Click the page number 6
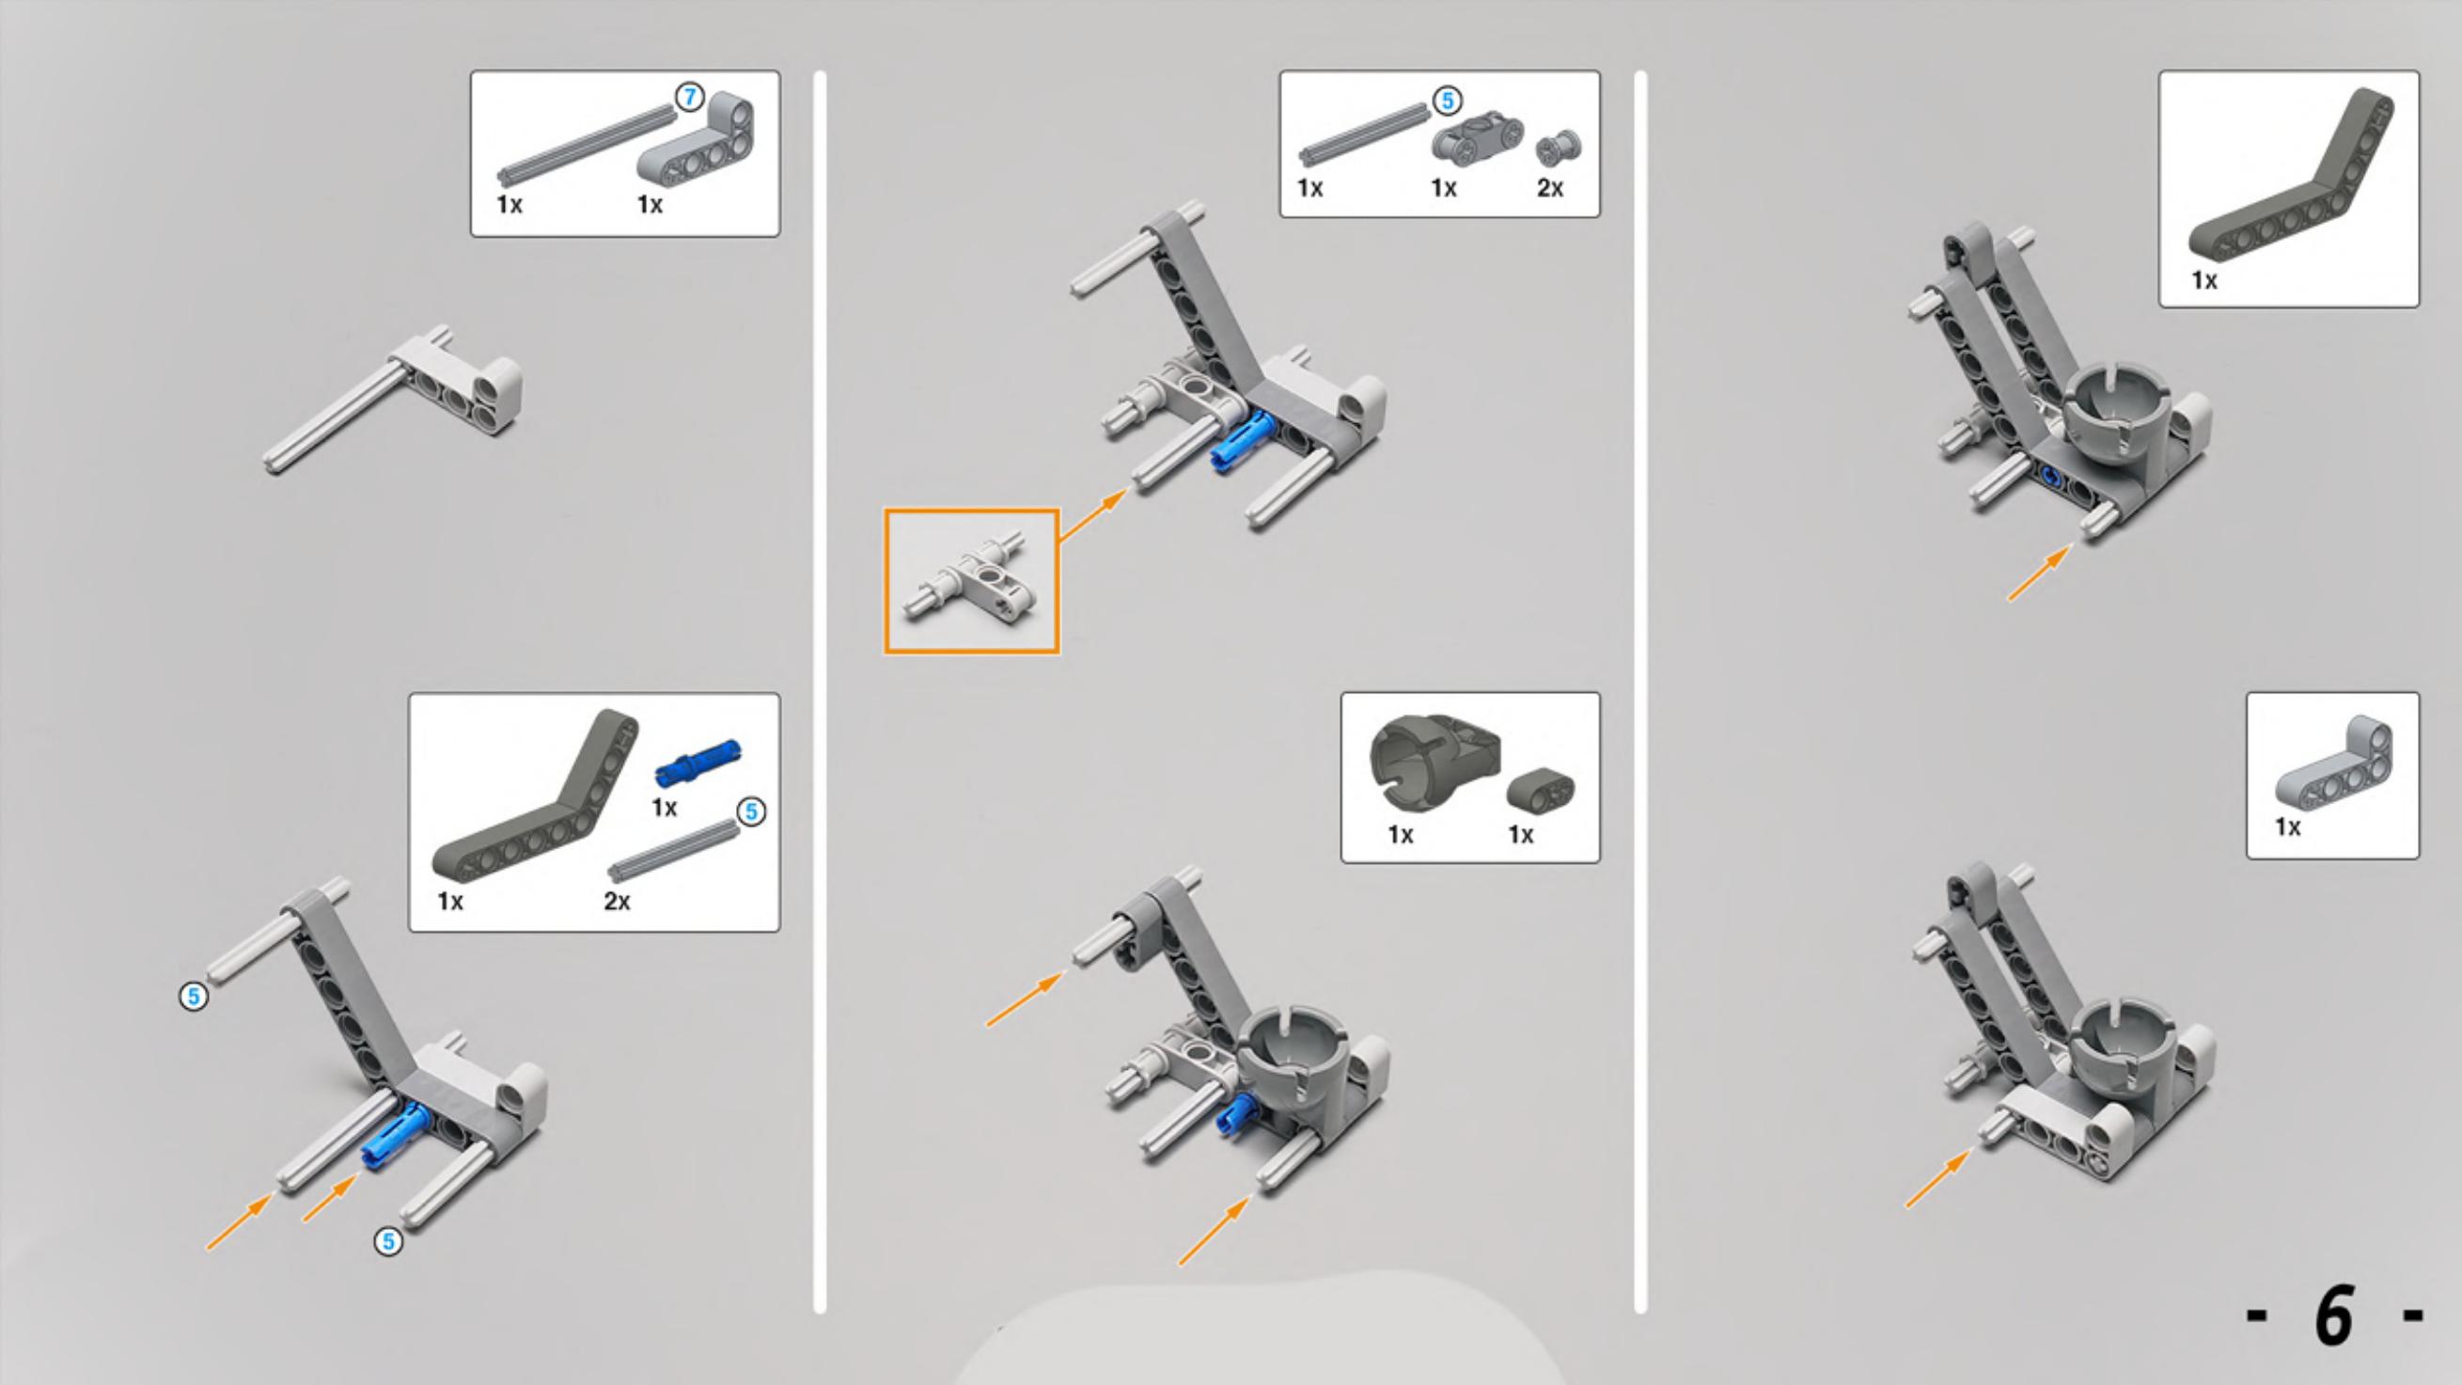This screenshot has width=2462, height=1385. coord(2333,1315)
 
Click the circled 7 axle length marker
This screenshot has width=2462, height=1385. coord(689,98)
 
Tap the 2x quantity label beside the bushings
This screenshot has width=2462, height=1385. coord(1549,188)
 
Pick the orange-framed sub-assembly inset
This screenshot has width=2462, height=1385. coord(971,581)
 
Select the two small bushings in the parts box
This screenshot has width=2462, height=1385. coord(1558,149)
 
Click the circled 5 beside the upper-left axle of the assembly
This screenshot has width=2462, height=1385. coord(194,997)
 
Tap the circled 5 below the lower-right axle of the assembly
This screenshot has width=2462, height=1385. coord(388,1242)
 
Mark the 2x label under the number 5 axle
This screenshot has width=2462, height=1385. coord(617,902)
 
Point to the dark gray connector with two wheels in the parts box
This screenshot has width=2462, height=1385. coord(1478,135)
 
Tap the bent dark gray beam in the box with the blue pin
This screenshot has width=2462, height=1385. coord(535,801)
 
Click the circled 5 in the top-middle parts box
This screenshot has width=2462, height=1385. coord(1447,101)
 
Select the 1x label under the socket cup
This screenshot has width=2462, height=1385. coord(1400,834)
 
